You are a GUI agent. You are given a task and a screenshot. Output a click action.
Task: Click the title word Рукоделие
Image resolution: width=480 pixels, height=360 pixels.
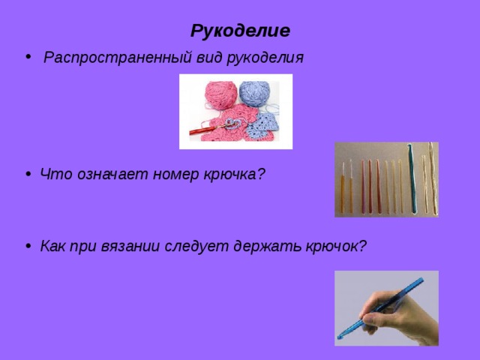point(240,31)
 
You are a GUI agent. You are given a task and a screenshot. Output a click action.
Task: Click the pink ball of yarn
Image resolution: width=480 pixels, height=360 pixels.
point(217,95)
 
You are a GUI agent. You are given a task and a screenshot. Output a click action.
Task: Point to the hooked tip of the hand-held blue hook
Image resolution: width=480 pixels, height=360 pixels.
point(340,333)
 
